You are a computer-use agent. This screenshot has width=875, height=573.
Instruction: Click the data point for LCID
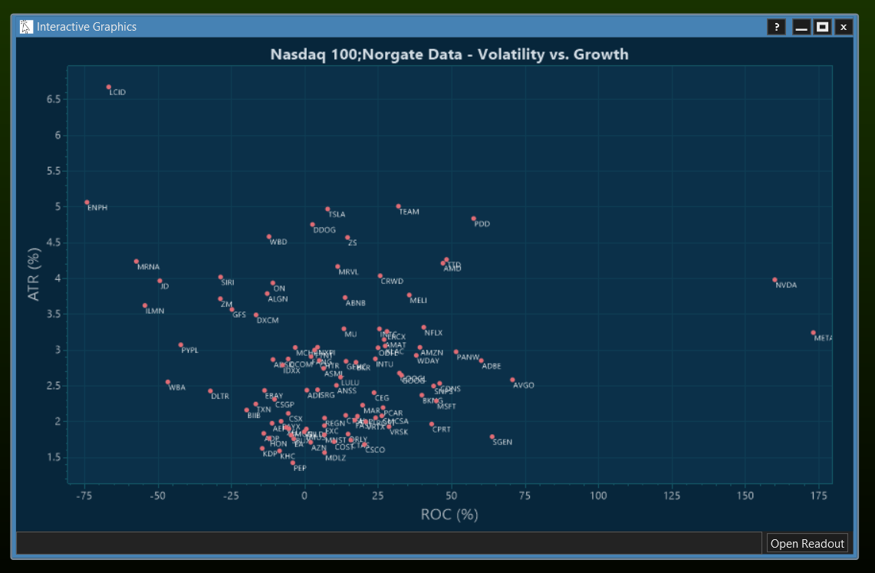pos(109,87)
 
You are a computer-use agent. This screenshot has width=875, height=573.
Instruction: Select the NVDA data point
pos(775,280)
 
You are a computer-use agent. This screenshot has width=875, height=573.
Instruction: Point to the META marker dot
pos(813,333)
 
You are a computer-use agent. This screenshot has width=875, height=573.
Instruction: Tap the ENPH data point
pos(87,203)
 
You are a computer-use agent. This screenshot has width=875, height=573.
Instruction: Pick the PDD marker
pos(473,219)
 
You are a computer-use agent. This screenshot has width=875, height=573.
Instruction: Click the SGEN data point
pos(492,437)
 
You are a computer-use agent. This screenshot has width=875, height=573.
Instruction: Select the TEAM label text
pos(409,212)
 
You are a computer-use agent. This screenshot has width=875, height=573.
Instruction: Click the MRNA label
pos(149,267)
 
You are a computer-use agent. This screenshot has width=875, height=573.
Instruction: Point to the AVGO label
pos(524,386)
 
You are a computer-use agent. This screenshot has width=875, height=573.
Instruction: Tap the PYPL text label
pos(189,351)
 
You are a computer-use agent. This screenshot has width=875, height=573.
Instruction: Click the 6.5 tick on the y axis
pos(53,100)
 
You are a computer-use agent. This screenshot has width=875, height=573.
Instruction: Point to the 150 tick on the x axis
pos(745,496)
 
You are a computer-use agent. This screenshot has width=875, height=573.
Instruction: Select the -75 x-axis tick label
pos(84,496)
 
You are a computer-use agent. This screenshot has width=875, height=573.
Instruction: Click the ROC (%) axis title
pos(449,515)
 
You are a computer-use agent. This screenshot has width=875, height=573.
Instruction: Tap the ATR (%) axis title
pos(34,275)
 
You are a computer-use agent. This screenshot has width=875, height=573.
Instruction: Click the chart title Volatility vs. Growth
pos(449,54)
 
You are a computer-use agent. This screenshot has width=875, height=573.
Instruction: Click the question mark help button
pos(776,27)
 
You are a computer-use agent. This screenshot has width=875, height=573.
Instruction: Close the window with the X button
pos(844,27)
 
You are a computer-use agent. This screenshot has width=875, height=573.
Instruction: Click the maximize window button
pos(822,27)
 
